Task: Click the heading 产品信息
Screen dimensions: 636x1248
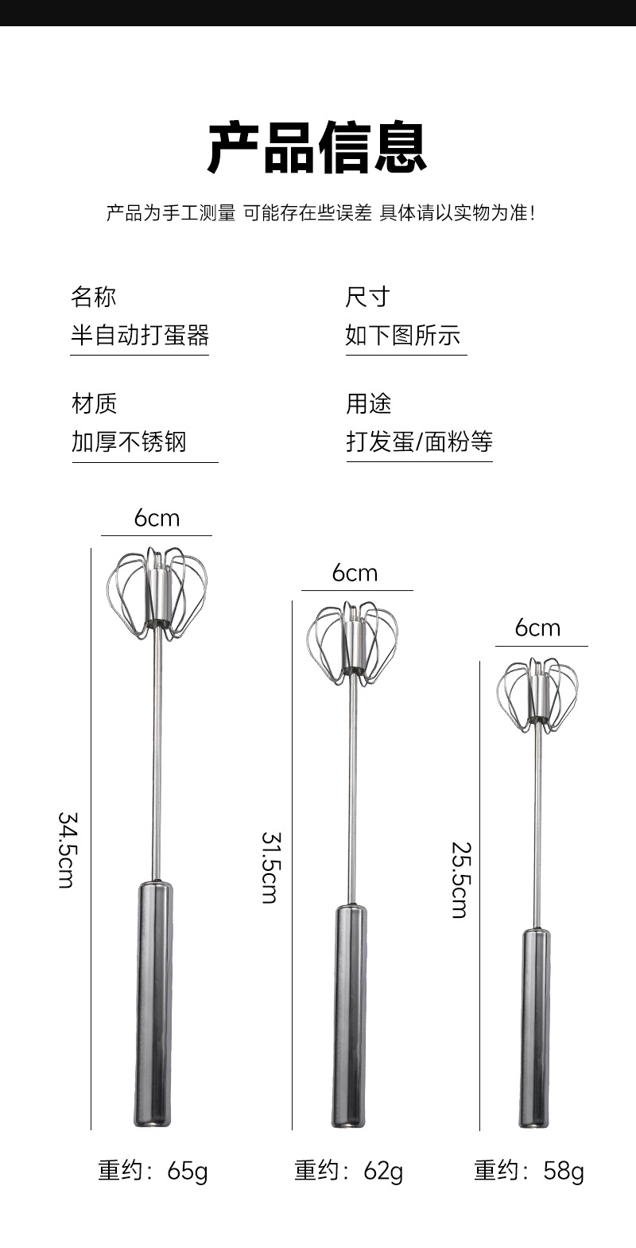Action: [x=317, y=148]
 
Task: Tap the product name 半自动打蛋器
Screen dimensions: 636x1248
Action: [x=140, y=335]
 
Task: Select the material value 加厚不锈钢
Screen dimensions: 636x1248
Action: [x=129, y=441]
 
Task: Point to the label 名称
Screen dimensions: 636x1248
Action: [x=93, y=297]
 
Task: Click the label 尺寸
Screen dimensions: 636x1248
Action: [x=367, y=297]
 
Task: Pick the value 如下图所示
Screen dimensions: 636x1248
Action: [x=402, y=335]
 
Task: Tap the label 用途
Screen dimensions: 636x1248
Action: [x=368, y=403]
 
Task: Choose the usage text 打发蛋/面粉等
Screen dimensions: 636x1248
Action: [x=419, y=441]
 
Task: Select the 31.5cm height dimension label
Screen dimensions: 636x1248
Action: [x=270, y=868]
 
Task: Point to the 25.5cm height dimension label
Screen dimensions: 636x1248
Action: [x=460, y=881]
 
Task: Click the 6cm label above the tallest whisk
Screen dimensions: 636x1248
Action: [x=157, y=519]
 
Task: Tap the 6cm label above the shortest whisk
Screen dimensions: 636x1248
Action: [x=537, y=628]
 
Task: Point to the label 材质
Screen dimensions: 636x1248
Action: [x=94, y=403]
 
